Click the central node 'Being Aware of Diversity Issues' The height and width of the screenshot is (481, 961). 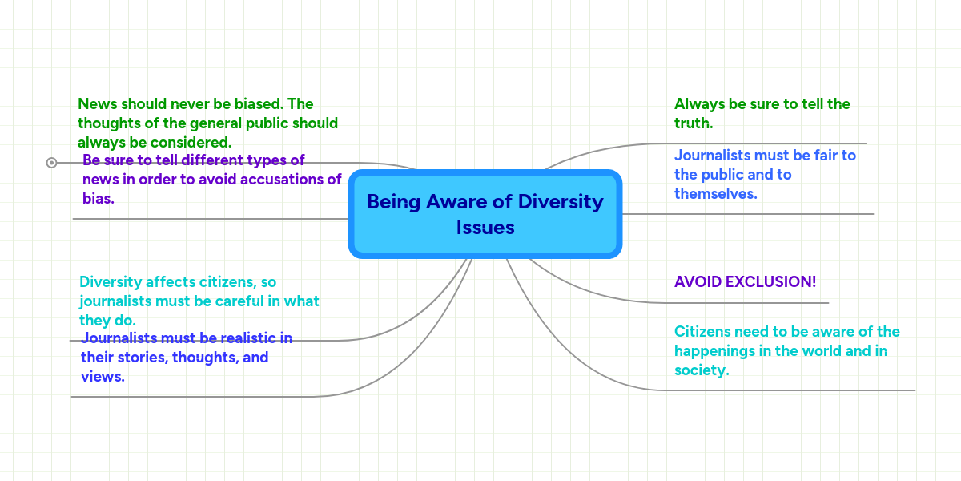click(485, 214)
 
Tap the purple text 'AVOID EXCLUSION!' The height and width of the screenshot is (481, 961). click(745, 282)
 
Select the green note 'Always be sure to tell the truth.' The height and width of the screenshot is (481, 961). click(762, 113)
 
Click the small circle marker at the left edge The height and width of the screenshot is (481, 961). click(52, 163)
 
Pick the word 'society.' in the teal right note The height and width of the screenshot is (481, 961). click(702, 370)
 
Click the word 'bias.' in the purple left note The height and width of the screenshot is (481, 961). click(99, 199)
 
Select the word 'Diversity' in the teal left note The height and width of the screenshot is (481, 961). click(111, 282)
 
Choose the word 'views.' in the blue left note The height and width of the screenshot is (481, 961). click(103, 376)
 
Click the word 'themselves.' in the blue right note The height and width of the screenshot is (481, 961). click(715, 194)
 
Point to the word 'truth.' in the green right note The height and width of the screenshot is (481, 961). click(694, 123)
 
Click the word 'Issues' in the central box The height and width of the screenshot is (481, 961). click(485, 228)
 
